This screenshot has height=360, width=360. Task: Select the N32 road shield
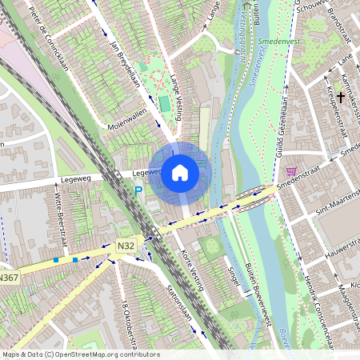click(x=124, y=245)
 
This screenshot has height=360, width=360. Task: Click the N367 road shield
click(x=8, y=277)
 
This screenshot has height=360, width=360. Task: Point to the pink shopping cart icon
click(x=290, y=171)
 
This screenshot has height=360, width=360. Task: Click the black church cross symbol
click(x=341, y=98)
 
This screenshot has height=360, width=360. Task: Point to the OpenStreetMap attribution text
click(x=80, y=354)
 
